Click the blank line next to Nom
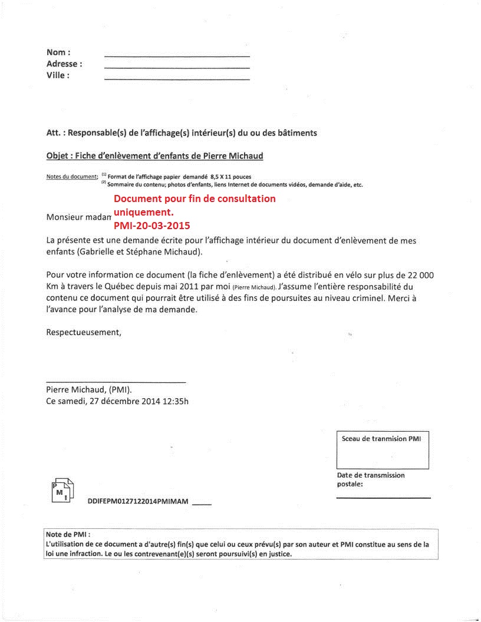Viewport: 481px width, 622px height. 177,56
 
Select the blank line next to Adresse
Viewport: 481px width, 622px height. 177,67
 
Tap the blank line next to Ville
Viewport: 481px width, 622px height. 177,78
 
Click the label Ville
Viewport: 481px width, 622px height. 58,75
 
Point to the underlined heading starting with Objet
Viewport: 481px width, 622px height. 154,156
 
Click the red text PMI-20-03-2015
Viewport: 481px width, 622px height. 151,225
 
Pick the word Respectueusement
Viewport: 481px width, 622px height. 83,332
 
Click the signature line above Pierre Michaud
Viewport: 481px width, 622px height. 116,382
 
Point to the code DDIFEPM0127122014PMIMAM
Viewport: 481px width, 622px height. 137,501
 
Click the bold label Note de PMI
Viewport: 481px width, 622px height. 66,534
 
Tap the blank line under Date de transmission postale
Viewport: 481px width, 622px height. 383,498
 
